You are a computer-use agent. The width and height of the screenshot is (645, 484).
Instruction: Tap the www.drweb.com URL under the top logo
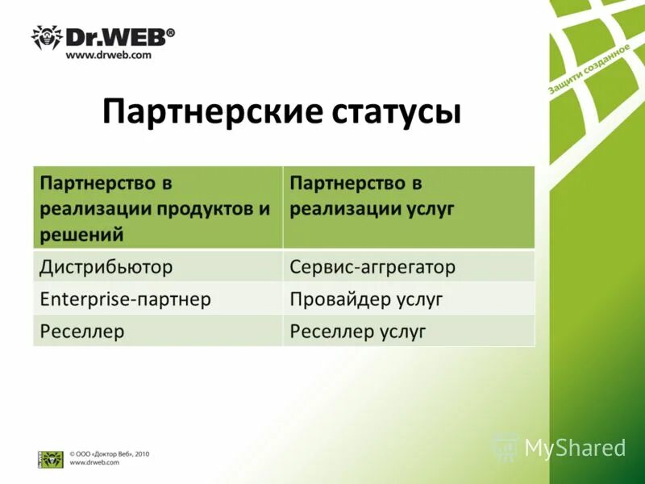(x=108, y=56)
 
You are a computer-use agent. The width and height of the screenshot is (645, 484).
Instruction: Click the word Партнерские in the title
(x=211, y=112)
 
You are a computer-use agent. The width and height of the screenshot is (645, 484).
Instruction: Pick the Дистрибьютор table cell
(x=106, y=265)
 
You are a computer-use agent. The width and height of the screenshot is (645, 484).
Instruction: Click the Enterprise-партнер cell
(x=125, y=299)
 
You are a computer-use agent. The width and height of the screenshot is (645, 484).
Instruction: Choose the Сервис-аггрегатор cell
(x=372, y=265)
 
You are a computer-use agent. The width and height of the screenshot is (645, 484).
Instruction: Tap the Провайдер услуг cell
(x=367, y=299)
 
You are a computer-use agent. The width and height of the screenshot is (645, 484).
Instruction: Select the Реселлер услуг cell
(x=357, y=331)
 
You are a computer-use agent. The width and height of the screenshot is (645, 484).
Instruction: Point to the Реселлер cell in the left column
(x=82, y=331)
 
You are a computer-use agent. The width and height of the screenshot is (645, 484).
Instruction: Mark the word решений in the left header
(x=81, y=235)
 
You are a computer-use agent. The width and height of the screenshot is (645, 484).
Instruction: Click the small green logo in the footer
(x=51, y=459)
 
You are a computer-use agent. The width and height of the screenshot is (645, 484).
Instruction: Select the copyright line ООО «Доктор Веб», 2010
(x=109, y=454)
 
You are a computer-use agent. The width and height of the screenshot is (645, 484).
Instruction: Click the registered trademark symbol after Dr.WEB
(x=170, y=33)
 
